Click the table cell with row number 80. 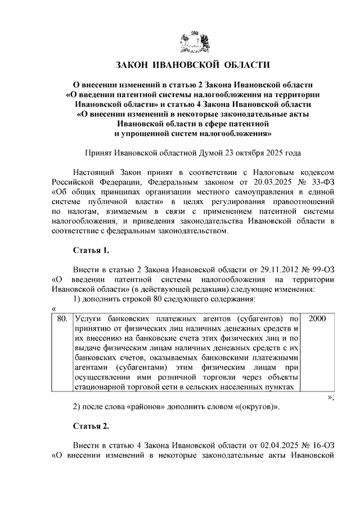click(62, 319)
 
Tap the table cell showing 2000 click(317, 319)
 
